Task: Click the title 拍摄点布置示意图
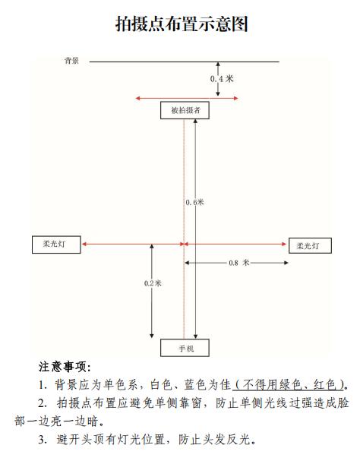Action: tap(182, 24)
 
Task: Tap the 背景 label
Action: tap(71, 61)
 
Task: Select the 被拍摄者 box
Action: tap(185, 110)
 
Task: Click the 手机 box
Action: tap(185, 348)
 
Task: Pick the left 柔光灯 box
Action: tap(56, 245)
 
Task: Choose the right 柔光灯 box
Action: tap(310, 245)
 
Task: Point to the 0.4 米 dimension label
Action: tap(222, 79)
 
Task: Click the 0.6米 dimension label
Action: tap(194, 203)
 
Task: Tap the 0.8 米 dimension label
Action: tap(239, 263)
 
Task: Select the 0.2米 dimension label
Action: tap(153, 283)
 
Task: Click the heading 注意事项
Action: tap(65, 367)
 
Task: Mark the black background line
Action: tap(184, 62)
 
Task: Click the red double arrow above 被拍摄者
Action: tap(187, 98)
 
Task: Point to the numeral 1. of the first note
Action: tap(43, 385)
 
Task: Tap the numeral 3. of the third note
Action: tap(43, 440)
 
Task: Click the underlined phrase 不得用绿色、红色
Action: tap(289, 385)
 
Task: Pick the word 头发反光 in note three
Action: tap(227, 440)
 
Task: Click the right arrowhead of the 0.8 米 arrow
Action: tap(286, 263)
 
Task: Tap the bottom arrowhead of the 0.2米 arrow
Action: tap(152, 336)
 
